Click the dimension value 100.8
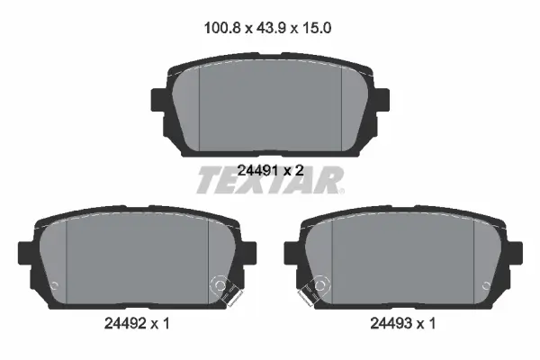pyautogui.click(x=222, y=28)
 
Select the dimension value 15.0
pyautogui.click(x=317, y=28)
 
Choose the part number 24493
pyautogui.click(x=391, y=323)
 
